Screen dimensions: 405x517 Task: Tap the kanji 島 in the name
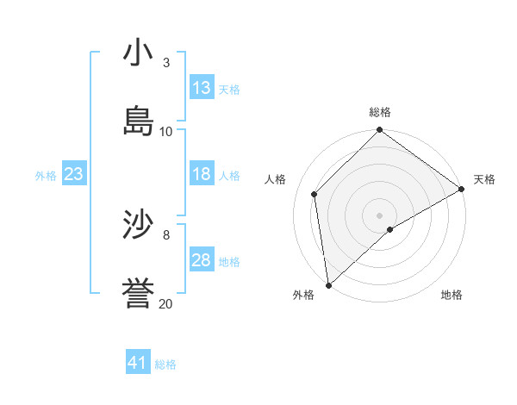click(138, 121)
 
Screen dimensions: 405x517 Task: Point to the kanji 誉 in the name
click(138, 293)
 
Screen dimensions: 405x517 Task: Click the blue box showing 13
click(202, 88)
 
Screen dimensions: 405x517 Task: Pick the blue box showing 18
click(202, 174)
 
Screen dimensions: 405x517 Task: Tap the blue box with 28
click(202, 260)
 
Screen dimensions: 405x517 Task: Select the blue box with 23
click(73, 174)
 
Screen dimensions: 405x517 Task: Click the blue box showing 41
click(138, 363)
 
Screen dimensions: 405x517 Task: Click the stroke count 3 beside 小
click(166, 62)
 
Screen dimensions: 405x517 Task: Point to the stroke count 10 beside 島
click(166, 131)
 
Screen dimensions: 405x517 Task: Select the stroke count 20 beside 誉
click(166, 303)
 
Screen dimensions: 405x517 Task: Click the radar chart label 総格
click(380, 112)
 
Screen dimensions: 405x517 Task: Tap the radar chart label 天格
click(484, 179)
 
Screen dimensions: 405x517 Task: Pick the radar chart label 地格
click(452, 296)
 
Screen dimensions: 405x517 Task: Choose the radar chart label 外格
click(303, 296)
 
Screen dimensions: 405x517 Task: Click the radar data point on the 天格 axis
click(463, 190)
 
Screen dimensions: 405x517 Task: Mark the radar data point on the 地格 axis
click(390, 229)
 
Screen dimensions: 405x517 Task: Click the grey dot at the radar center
click(380, 215)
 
